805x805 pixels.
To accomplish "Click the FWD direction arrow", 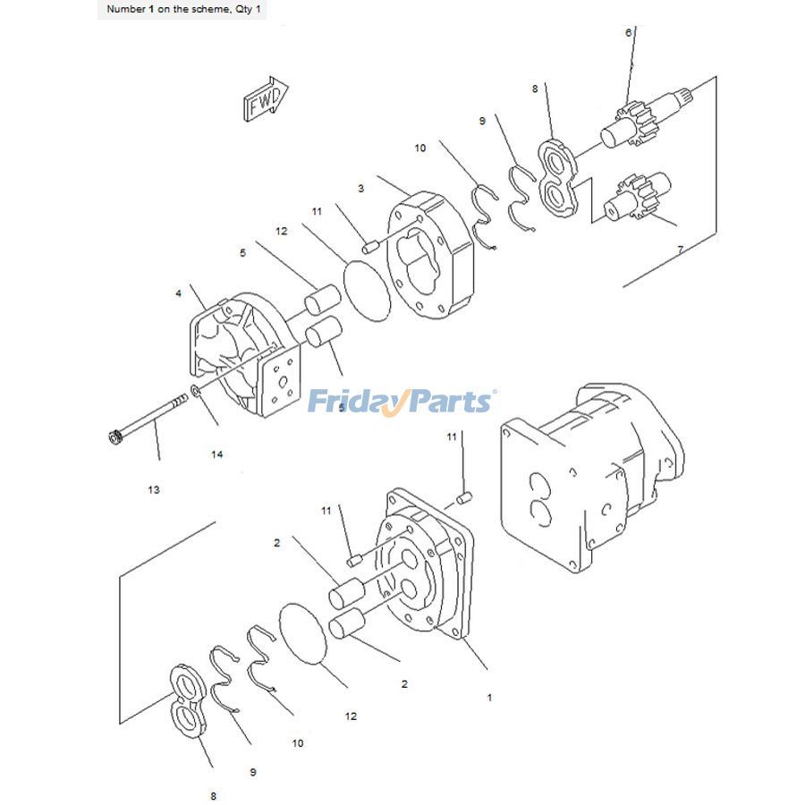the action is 266,99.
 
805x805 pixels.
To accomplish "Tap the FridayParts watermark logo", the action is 402,402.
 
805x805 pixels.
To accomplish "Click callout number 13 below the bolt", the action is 154,490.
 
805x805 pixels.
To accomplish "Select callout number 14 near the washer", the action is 216,454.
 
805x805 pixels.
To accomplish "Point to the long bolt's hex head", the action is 115,438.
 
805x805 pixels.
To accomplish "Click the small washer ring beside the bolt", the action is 196,391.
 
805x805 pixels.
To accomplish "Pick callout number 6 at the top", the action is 629,32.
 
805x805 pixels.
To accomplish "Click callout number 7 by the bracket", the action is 681,250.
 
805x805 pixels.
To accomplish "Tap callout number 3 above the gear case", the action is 361,189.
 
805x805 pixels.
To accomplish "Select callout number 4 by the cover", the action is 178,293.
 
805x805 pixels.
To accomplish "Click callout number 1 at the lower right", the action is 489,698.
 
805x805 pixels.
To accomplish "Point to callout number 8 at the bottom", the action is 213,796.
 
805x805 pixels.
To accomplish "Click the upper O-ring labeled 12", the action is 368,291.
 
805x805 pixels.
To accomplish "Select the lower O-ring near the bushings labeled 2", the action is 303,634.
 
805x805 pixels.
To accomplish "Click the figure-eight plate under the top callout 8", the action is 558,178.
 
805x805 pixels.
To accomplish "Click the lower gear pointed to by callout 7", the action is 637,198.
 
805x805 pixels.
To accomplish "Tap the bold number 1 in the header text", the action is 151,9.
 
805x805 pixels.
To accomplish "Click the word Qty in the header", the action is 242,10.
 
